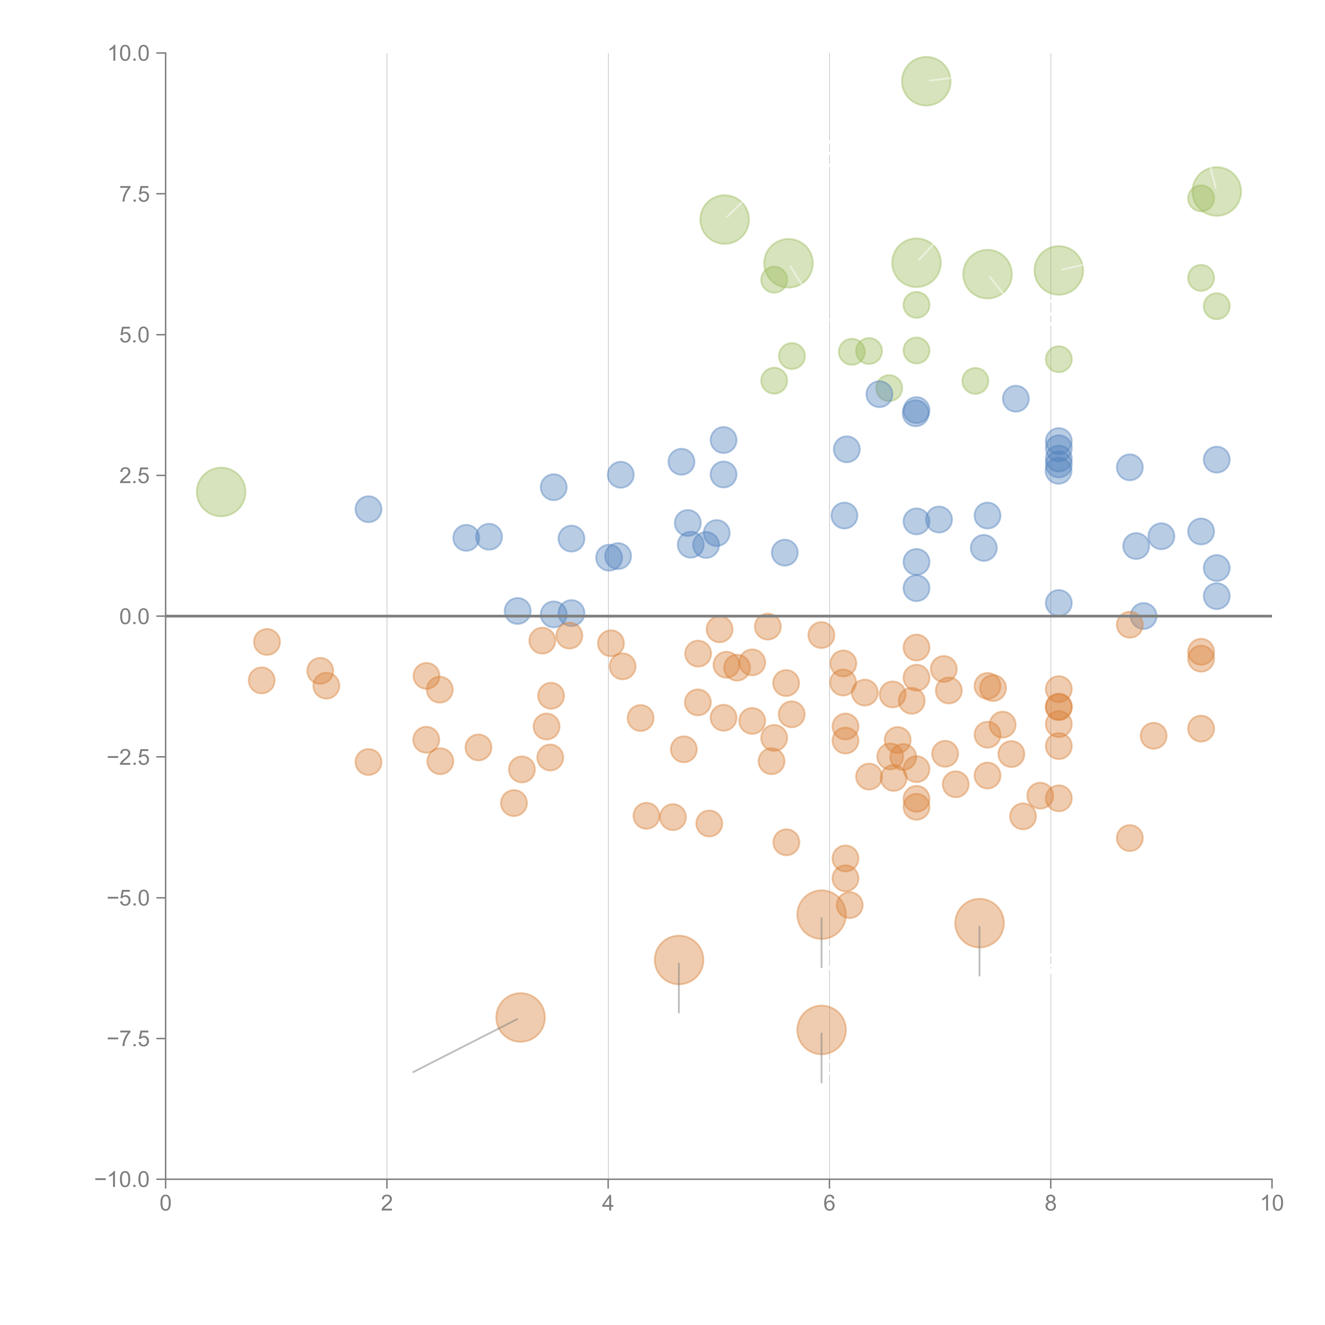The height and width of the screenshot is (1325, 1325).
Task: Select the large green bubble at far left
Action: point(221,492)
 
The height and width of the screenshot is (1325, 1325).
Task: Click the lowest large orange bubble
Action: point(821,1030)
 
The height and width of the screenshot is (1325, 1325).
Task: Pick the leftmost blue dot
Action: point(368,509)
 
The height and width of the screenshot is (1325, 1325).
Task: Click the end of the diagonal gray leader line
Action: point(413,1071)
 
